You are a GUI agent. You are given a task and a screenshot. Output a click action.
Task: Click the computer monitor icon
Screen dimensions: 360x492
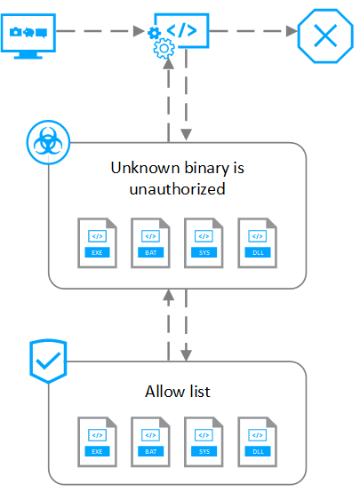[28, 36]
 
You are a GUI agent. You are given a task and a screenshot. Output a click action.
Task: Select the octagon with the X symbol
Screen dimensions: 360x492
[325, 36]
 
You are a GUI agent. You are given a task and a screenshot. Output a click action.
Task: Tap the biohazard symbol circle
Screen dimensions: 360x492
[48, 142]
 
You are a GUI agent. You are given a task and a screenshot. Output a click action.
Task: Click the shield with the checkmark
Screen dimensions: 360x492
[48, 361]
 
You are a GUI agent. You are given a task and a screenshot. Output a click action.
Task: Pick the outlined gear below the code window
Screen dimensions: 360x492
[164, 48]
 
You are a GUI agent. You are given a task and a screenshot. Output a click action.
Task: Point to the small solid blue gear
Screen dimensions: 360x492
[154, 33]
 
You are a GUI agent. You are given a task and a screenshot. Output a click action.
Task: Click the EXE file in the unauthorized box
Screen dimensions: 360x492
[98, 242]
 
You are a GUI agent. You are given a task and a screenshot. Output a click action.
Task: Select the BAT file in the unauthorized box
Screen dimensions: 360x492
[151, 242]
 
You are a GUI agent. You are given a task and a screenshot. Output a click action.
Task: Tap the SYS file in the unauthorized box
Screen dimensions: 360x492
[204, 242]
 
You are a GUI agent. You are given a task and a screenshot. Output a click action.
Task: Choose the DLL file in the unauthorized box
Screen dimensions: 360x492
[258, 242]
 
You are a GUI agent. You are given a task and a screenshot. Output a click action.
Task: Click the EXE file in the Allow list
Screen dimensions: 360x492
[98, 441]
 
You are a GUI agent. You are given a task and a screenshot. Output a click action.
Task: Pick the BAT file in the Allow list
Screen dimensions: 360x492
[151, 441]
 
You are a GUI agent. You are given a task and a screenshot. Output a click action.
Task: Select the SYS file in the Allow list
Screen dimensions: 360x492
[204, 441]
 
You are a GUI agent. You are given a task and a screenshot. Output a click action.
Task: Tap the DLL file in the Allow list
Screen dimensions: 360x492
[258, 441]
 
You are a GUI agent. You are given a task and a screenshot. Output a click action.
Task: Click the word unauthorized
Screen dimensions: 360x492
[177, 189]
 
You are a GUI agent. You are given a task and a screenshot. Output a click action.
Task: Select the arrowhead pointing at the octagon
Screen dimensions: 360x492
[292, 31]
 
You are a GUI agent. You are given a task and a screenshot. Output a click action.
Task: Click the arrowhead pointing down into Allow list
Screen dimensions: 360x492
[187, 355]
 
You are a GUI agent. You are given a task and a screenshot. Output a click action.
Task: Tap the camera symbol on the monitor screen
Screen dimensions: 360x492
[16, 32]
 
